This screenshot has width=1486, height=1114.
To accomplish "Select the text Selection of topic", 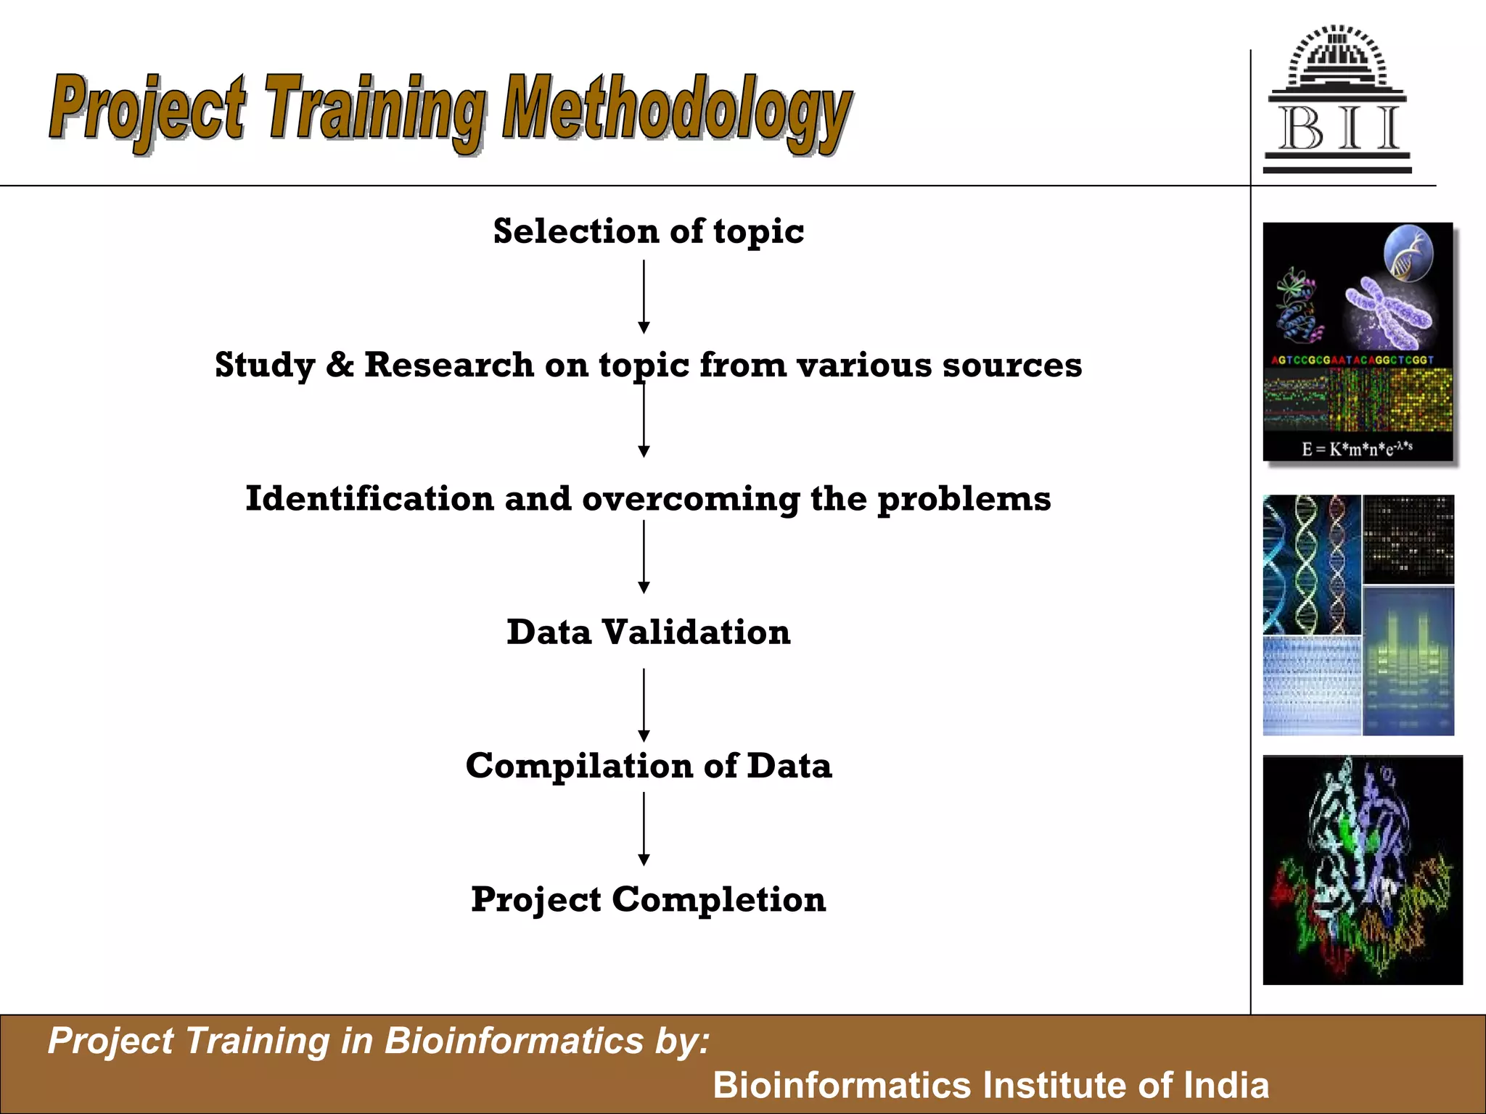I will [648, 231].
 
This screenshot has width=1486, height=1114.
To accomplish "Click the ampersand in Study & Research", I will [339, 364].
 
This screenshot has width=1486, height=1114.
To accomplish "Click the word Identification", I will [369, 498].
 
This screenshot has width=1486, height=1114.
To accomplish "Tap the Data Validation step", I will [648, 632].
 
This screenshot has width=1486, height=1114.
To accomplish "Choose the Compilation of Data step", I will [648, 766].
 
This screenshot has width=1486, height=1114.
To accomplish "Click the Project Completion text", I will [648, 899].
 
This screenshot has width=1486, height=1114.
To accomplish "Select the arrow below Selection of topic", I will [644, 297].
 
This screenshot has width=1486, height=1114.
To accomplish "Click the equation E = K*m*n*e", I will [1356, 448].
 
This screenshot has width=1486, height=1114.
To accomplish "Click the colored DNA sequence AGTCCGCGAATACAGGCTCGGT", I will [1352, 360].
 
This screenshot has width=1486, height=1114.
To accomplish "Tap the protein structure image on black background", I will [1362, 870].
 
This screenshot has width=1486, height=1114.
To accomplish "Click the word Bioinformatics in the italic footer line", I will [514, 1041].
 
